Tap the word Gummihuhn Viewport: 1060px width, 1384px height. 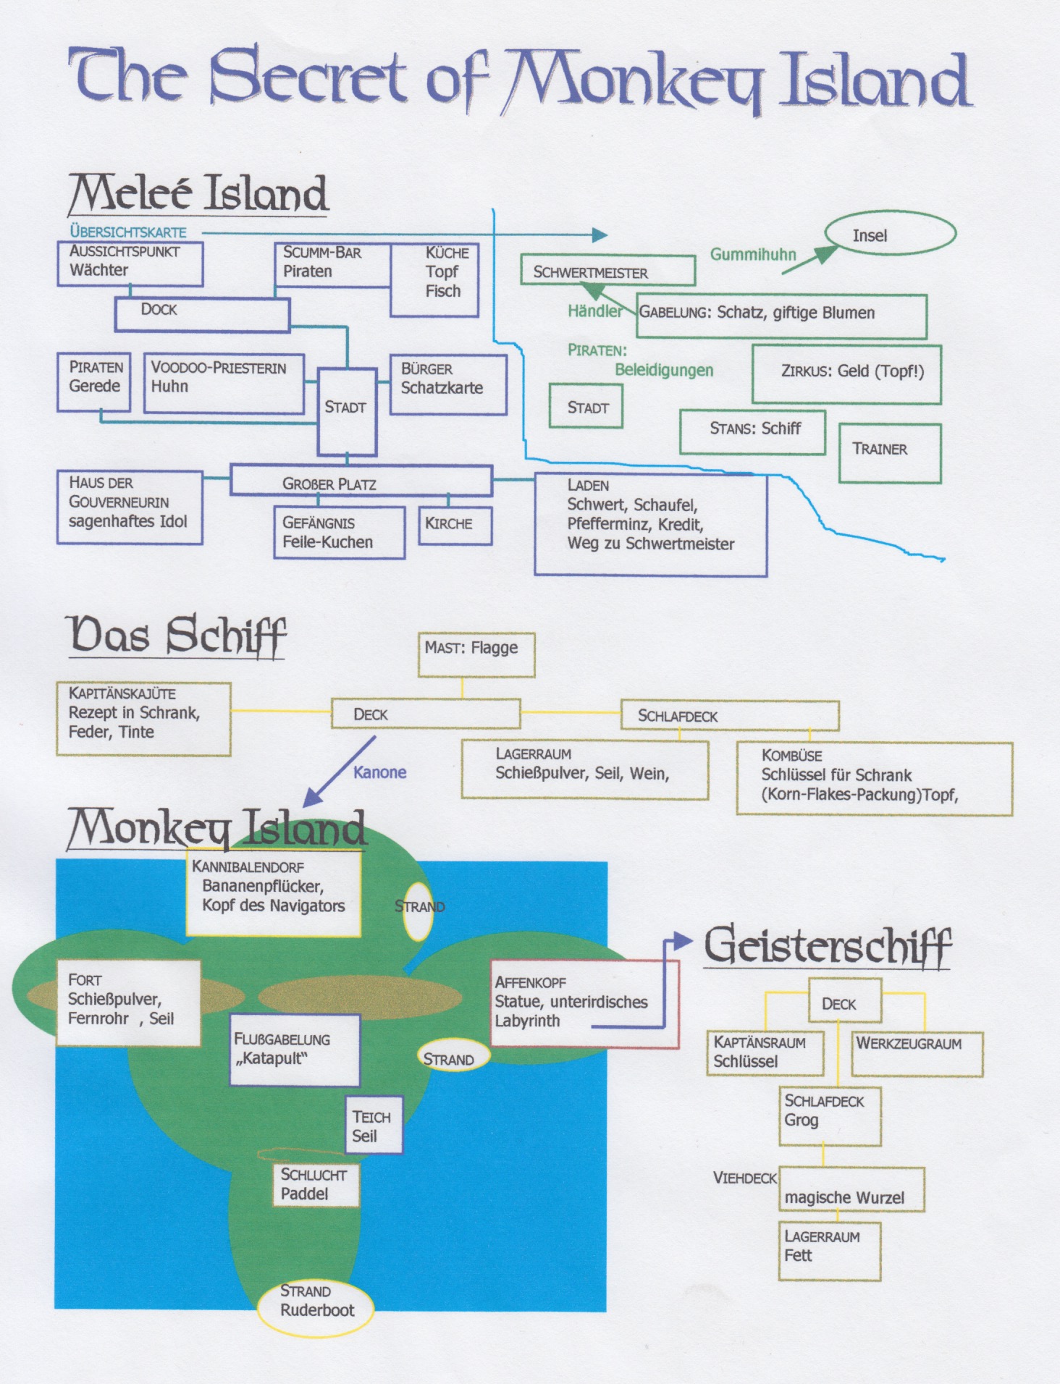click(x=753, y=254)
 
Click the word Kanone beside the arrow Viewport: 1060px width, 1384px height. click(x=380, y=772)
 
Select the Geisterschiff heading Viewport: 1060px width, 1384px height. click(x=828, y=946)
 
